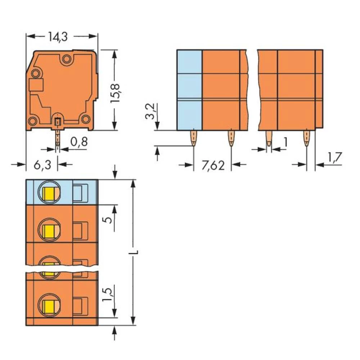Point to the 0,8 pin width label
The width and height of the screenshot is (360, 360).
tap(79, 141)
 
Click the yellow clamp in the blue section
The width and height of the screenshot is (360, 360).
tap(48, 195)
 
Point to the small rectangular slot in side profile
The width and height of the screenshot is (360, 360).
tap(36, 85)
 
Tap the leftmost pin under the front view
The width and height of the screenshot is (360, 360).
tap(194, 138)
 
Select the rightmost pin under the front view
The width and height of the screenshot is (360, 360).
tap(306, 138)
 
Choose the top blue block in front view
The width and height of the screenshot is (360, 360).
tap(189, 62)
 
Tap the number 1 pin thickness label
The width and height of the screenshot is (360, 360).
tap(285, 143)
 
